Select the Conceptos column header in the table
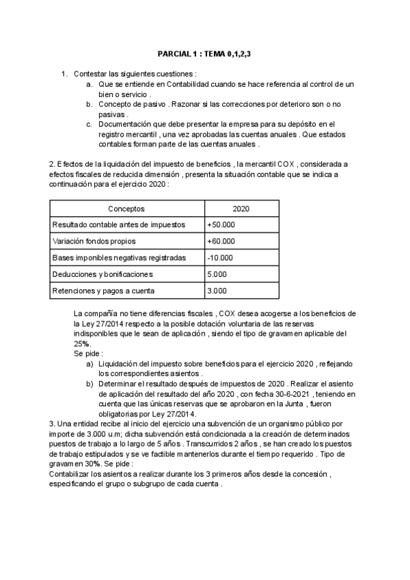pyautogui.click(x=126, y=208)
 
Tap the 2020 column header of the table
pyautogui.click(x=241, y=208)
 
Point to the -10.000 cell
pyautogui.click(x=220, y=258)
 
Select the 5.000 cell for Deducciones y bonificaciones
pyautogui.click(x=217, y=274)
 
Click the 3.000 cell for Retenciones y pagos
pyautogui.click(x=217, y=291)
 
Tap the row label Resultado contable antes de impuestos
pyautogui.click(x=114, y=224)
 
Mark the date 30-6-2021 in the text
pyautogui.click(x=293, y=394)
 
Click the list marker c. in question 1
pyautogui.click(x=90, y=124)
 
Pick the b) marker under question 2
pyautogui.click(x=90, y=384)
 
